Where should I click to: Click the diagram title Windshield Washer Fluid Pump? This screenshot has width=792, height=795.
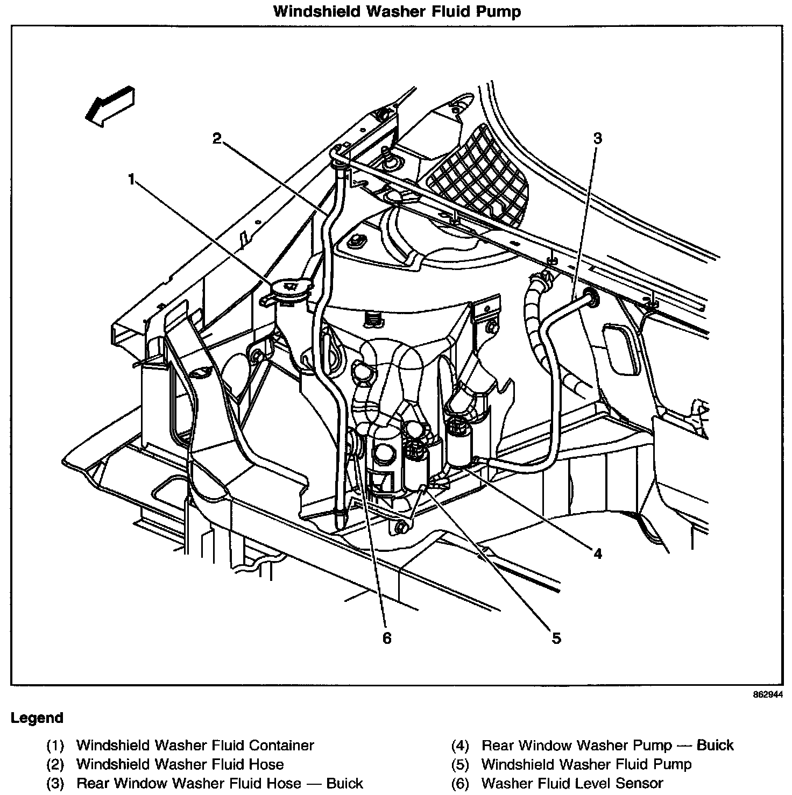[x=397, y=11]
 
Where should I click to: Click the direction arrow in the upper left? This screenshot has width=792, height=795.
[x=109, y=107]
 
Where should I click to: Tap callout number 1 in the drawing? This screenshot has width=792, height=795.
[x=131, y=179]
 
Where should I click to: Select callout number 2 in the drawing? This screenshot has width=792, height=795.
[x=216, y=139]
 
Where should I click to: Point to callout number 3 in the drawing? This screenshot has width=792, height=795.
[x=597, y=138]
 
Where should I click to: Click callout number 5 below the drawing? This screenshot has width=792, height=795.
[x=556, y=638]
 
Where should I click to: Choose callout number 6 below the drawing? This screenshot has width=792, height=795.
[x=387, y=638]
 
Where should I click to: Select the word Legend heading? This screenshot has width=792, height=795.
[x=37, y=718]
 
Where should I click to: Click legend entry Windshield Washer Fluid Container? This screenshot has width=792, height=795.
[x=195, y=746]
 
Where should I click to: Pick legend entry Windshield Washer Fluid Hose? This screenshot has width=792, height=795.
[x=180, y=764]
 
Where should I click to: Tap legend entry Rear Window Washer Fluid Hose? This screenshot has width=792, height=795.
[x=220, y=783]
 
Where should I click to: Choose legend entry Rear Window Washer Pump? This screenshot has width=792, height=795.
[x=607, y=746]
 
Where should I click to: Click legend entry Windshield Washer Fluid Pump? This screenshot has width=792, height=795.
[x=586, y=764]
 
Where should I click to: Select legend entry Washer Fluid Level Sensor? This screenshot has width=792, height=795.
[x=572, y=783]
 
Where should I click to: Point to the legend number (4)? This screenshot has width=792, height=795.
[x=460, y=746]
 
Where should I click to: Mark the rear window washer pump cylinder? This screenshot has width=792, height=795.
[x=461, y=442]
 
